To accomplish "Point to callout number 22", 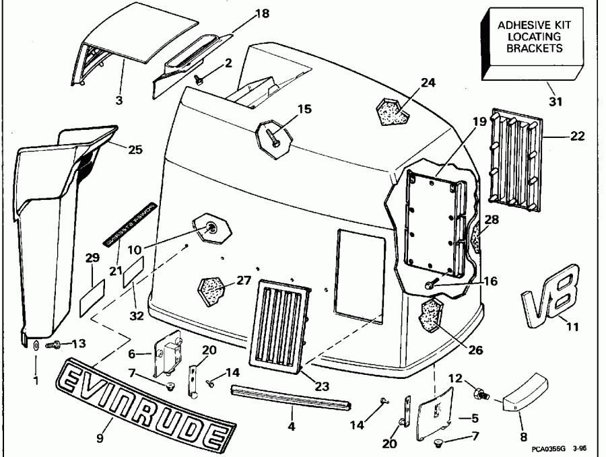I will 577,136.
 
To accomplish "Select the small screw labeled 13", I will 52,345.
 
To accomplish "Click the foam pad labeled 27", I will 210,287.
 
